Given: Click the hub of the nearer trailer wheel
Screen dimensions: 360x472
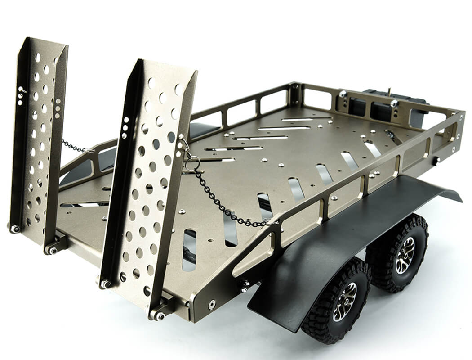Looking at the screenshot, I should pyautogui.click(x=345, y=302).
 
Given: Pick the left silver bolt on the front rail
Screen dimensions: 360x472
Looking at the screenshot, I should pyautogui.click(x=343, y=94).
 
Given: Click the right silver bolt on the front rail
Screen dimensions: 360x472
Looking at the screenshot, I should pyautogui.click(x=394, y=103).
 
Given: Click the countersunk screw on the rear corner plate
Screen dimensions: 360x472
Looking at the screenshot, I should pyautogui.click(x=211, y=305).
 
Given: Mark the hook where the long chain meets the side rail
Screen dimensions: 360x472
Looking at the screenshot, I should pyautogui.click(x=270, y=221).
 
